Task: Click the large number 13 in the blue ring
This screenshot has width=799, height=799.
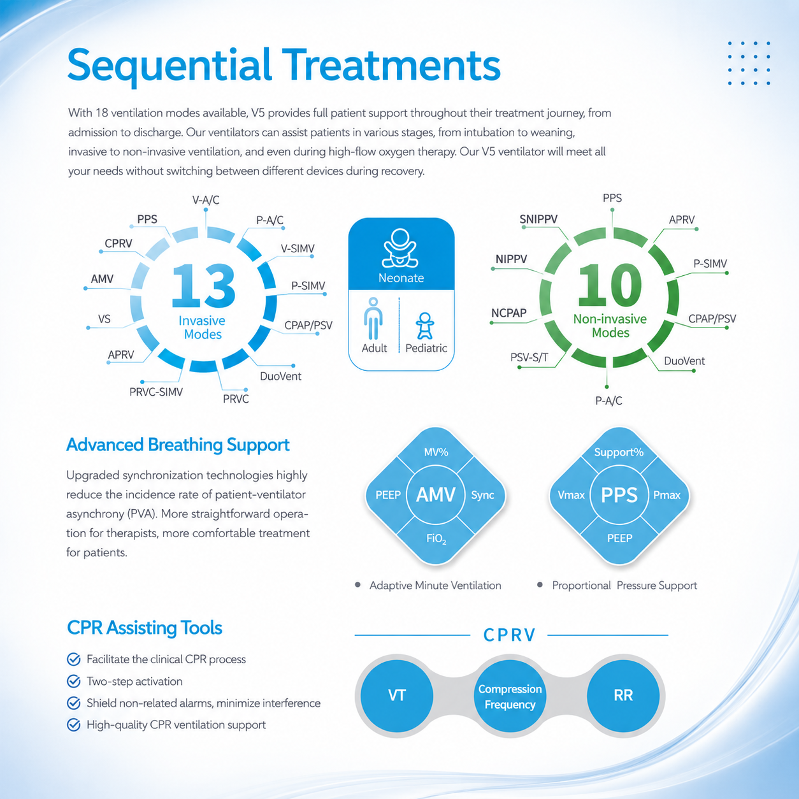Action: pos(204,285)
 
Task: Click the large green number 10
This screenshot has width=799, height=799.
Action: pos(610,285)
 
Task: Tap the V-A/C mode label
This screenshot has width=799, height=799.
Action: pos(206,200)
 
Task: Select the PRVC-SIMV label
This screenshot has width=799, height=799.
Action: pos(156,392)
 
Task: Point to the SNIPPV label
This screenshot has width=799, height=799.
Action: pos(538,219)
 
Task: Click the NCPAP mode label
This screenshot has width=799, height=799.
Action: pos(508,313)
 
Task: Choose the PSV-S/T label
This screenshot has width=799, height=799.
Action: pos(529,357)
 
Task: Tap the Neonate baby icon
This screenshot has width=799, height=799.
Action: pos(401,248)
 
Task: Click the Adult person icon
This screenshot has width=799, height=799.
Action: pos(373,319)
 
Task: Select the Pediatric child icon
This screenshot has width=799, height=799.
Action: pos(425,326)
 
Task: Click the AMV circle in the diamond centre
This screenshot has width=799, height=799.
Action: pos(436,494)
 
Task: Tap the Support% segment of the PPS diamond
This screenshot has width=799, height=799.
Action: pos(619,452)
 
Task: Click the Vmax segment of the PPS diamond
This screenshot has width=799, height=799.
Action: pos(571,495)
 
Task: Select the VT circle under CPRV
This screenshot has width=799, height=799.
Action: pos(397,695)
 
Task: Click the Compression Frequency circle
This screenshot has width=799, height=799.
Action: pos(510,696)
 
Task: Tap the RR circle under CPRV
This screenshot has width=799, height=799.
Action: pos(623,695)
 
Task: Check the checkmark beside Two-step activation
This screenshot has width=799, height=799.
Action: pos(74,681)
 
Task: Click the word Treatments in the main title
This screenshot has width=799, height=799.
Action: pos(391,65)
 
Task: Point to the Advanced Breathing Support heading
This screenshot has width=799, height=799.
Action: pos(178,445)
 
